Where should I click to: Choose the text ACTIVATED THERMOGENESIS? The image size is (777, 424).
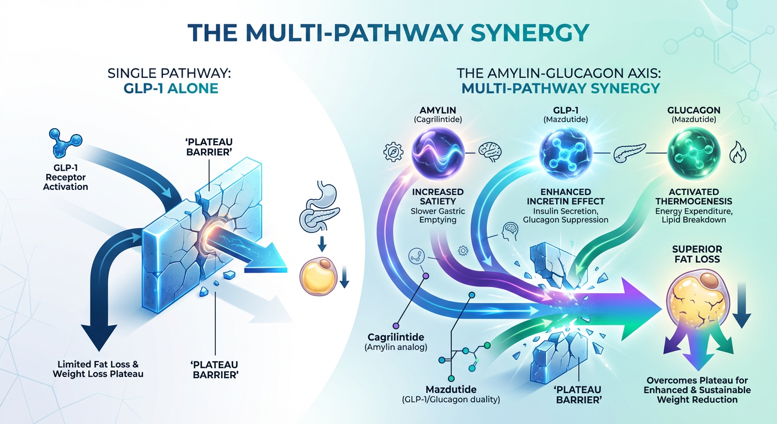click(694, 195)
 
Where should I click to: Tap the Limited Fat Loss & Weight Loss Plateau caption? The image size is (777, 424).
click(98, 369)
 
